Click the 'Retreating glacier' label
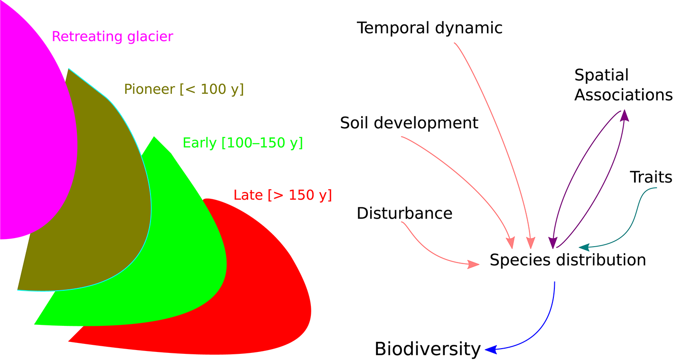[x=112, y=37]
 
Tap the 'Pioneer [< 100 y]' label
[x=184, y=89]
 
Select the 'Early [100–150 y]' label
[x=243, y=143]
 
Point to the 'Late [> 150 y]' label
[x=282, y=195]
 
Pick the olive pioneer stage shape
[x=95, y=213]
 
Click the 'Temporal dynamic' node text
[x=430, y=28]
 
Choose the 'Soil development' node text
[x=409, y=123]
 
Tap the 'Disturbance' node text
[x=404, y=213]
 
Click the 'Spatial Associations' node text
[x=623, y=85]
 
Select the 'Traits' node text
[x=651, y=177]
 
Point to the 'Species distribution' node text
[x=568, y=260]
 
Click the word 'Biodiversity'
[x=428, y=349]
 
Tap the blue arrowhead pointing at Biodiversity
[x=490, y=350]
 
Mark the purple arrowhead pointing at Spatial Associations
[x=625, y=115]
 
